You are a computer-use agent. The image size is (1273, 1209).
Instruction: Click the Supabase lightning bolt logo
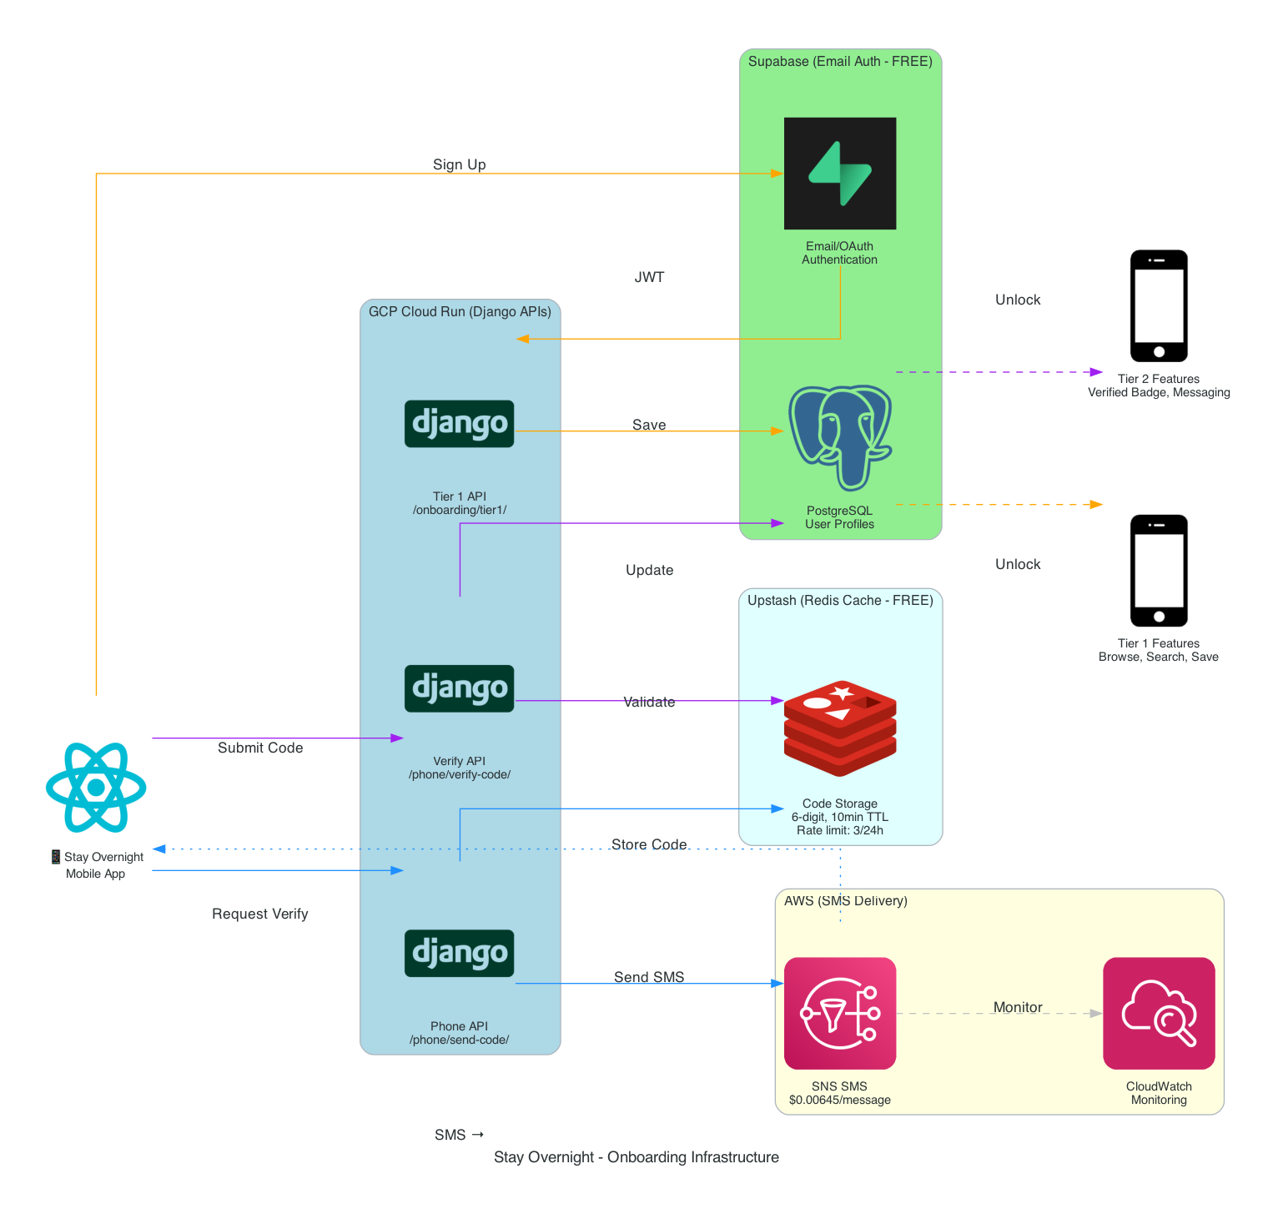pyautogui.click(x=839, y=174)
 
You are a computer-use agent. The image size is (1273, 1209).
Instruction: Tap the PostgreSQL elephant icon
pyautogui.click(x=839, y=437)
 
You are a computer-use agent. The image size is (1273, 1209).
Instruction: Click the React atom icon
pyautogui.click(x=96, y=787)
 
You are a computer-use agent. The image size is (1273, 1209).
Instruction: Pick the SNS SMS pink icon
pyautogui.click(x=839, y=1013)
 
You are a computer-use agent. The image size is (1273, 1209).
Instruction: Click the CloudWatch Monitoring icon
pyautogui.click(x=1158, y=1013)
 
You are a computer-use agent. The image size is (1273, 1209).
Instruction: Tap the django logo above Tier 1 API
pyautogui.click(x=459, y=424)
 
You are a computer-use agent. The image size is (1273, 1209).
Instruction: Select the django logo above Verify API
pyautogui.click(x=459, y=688)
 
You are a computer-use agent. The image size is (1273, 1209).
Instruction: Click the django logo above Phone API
pyautogui.click(x=459, y=953)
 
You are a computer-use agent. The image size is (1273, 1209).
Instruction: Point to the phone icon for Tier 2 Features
pyautogui.click(x=1158, y=305)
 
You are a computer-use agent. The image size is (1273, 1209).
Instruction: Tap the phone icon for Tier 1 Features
pyautogui.click(x=1158, y=570)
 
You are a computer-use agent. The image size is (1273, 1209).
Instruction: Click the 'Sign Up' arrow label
pyautogui.click(x=459, y=164)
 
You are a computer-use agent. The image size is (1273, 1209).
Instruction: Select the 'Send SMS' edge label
pyautogui.click(x=649, y=977)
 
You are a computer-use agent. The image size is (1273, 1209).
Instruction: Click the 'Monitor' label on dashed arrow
pyautogui.click(x=1018, y=1007)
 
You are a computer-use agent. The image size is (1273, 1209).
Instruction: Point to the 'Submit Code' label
pyautogui.click(x=260, y=748)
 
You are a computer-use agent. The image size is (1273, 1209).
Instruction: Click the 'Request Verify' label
pyautogui.click(x=260, y=914)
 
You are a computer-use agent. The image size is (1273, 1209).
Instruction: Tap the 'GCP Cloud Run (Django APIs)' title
pyautogui.click(x=460, y=311)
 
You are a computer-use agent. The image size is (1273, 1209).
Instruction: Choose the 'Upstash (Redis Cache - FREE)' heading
pyautogui.click(x=840, y=600)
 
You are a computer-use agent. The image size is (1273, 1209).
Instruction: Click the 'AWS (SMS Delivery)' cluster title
pyautogui.click(x=845, y=900)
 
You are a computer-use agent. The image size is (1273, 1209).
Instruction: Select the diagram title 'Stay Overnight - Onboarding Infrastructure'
pyautogui.click(x=636, y=1156)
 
